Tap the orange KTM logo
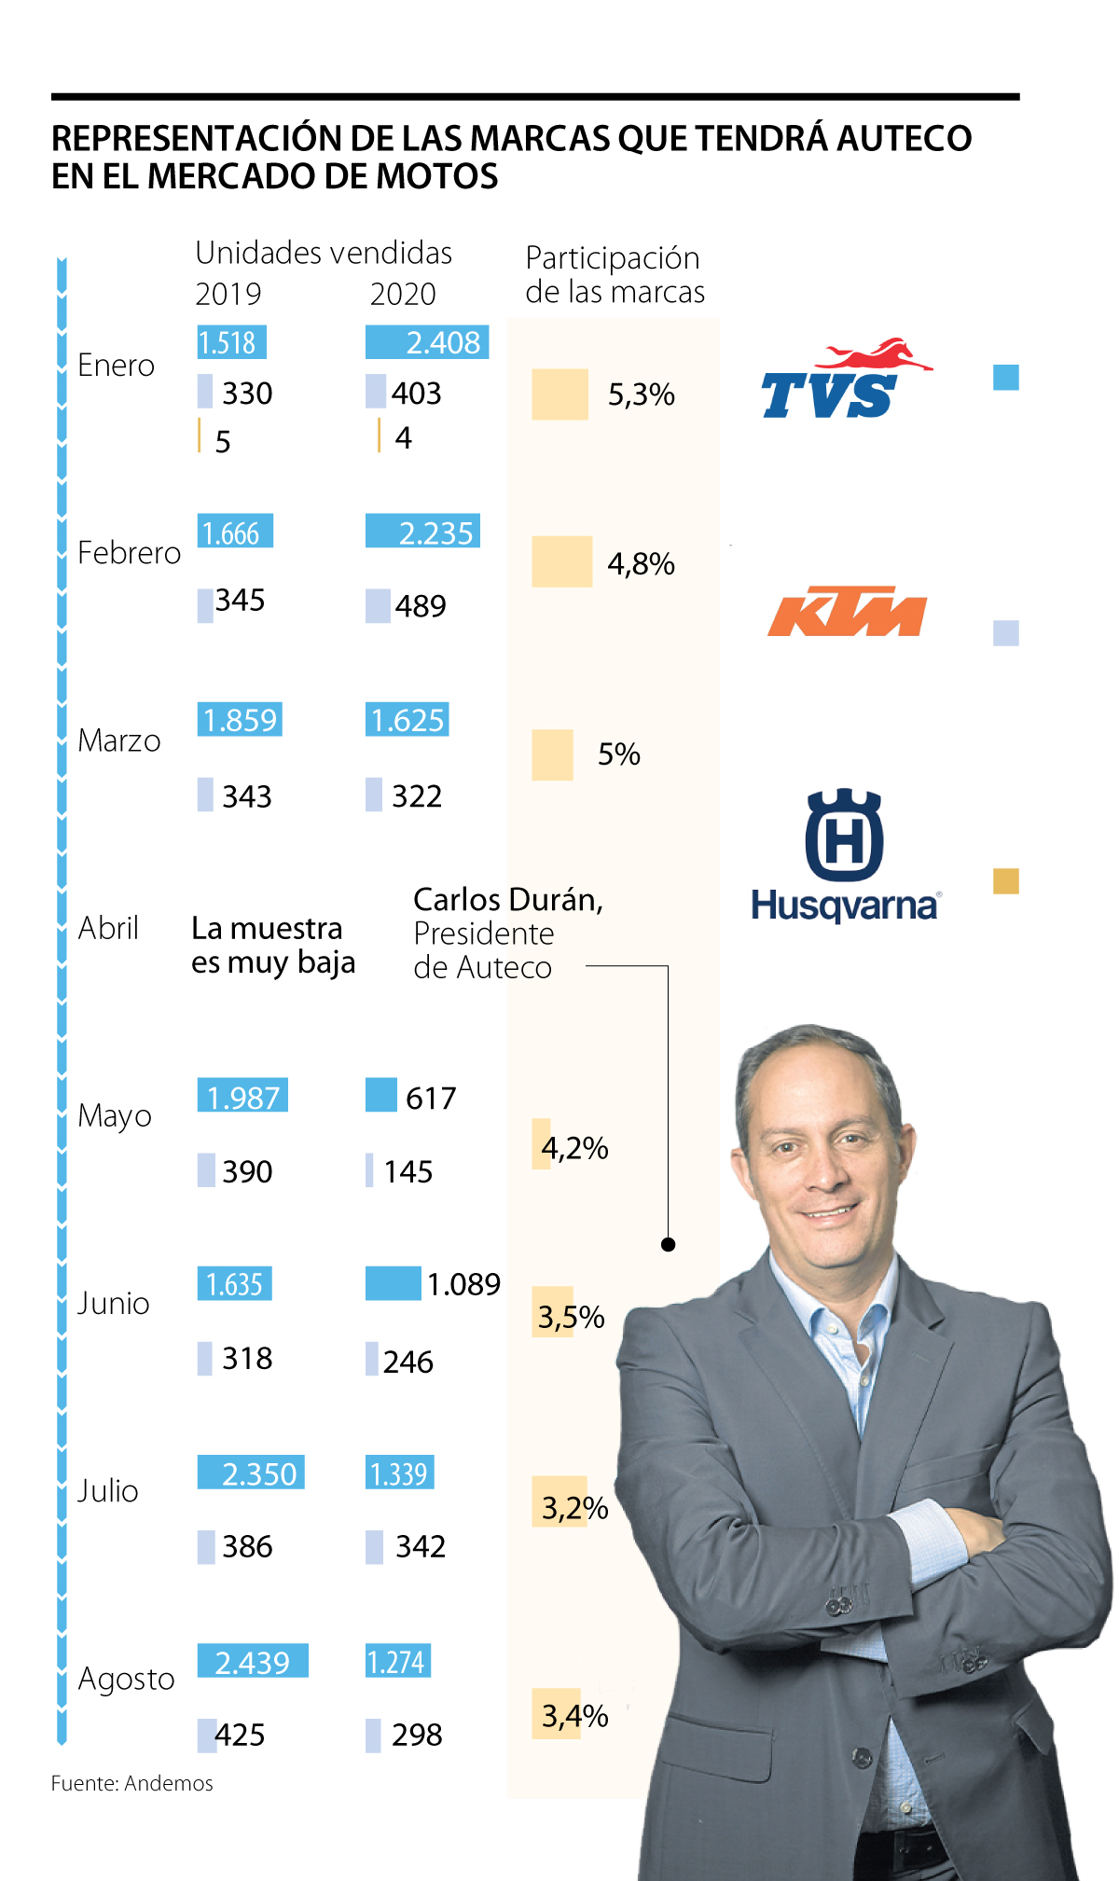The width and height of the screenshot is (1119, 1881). point(847,612)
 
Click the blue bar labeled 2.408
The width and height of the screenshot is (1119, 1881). point(427,342)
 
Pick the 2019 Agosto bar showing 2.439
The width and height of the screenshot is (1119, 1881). point(252,1661)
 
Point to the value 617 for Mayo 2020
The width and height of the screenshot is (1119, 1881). point(431,1098)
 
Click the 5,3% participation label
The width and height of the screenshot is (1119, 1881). point(641,394)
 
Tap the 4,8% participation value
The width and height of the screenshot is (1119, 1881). point(641,563)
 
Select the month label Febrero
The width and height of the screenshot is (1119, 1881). point(129,553)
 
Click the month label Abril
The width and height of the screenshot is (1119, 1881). point(108,928)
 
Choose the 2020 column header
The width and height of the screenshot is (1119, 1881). point(403,294)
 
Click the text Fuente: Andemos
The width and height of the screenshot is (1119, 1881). point(131,1783)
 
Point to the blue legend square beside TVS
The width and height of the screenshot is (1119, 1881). point(1005,378)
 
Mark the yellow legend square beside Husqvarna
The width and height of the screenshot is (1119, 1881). point(1005,881)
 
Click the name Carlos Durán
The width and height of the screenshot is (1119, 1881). point(508,900)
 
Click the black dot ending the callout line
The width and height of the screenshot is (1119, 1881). point(668,1244)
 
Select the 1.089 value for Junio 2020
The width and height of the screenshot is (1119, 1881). point(463,1284)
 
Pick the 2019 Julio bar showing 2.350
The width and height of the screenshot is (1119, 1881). point(251,1473)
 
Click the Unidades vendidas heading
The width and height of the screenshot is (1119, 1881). point(324,253)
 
